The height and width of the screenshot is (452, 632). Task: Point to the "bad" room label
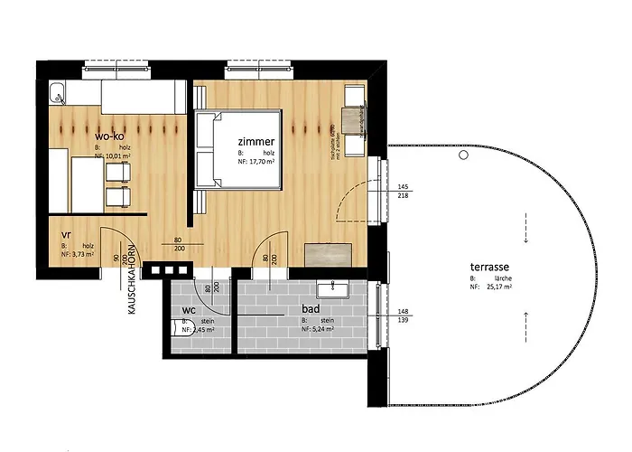click(311, 308)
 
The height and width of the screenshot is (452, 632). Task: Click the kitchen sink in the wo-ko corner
click(57, 90)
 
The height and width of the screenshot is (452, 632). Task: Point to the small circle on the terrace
click(463, 155)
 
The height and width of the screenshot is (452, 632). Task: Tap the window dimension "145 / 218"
click(403, 192)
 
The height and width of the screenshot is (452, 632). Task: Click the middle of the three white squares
click(168, 269)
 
